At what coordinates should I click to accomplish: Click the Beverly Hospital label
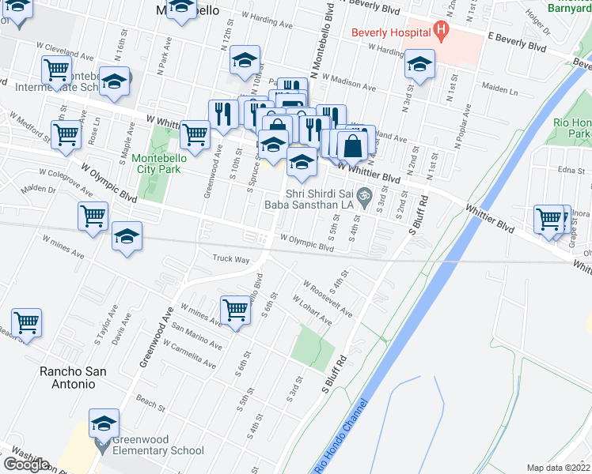391,34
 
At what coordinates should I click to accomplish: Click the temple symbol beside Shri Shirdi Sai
364,194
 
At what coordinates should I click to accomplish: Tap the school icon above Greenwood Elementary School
103,424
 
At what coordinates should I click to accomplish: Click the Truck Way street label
231,258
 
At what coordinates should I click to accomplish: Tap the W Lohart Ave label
311,310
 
